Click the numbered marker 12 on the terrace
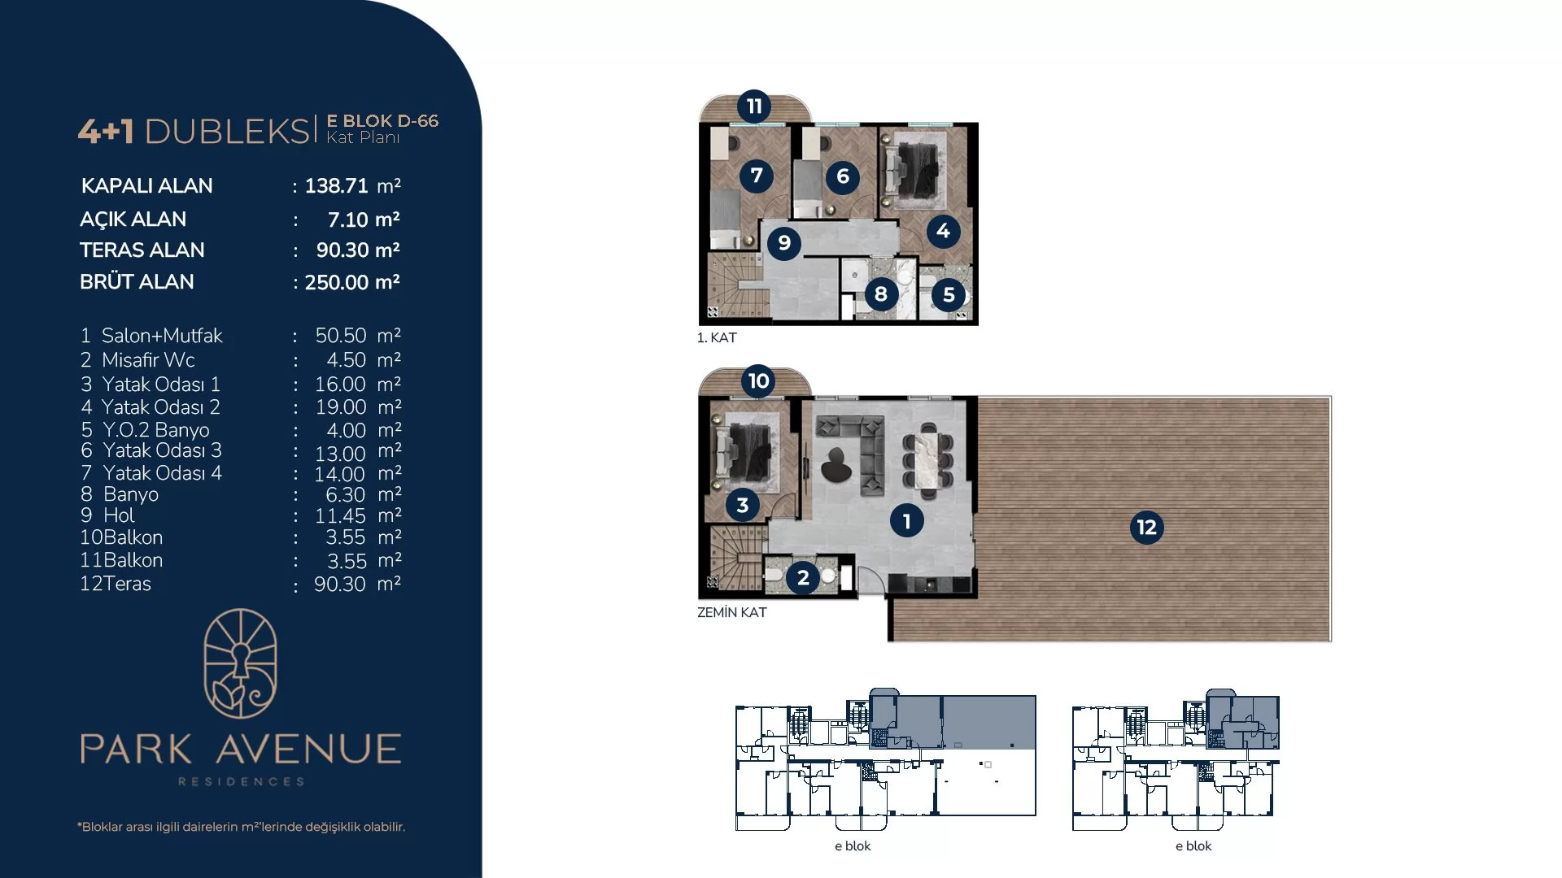coord(1146,528)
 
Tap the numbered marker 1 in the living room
coord(906,521)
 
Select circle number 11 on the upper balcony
coord(754,106)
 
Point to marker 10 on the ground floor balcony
coord(758,380)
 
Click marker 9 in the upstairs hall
coord(784,243)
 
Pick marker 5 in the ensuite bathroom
coord(949,294)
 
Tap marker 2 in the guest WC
coord(803,577)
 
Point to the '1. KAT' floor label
coord(717,337)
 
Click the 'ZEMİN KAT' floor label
coord(732,612)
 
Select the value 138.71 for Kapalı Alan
coord(337,186)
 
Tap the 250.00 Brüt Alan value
coord(337,282)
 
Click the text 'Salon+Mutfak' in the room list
coord(162,336)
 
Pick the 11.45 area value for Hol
coord(340,515)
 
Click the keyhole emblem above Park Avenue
coord(240,663)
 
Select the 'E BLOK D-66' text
coord(382,121)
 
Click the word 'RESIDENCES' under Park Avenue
coord(241,781)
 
